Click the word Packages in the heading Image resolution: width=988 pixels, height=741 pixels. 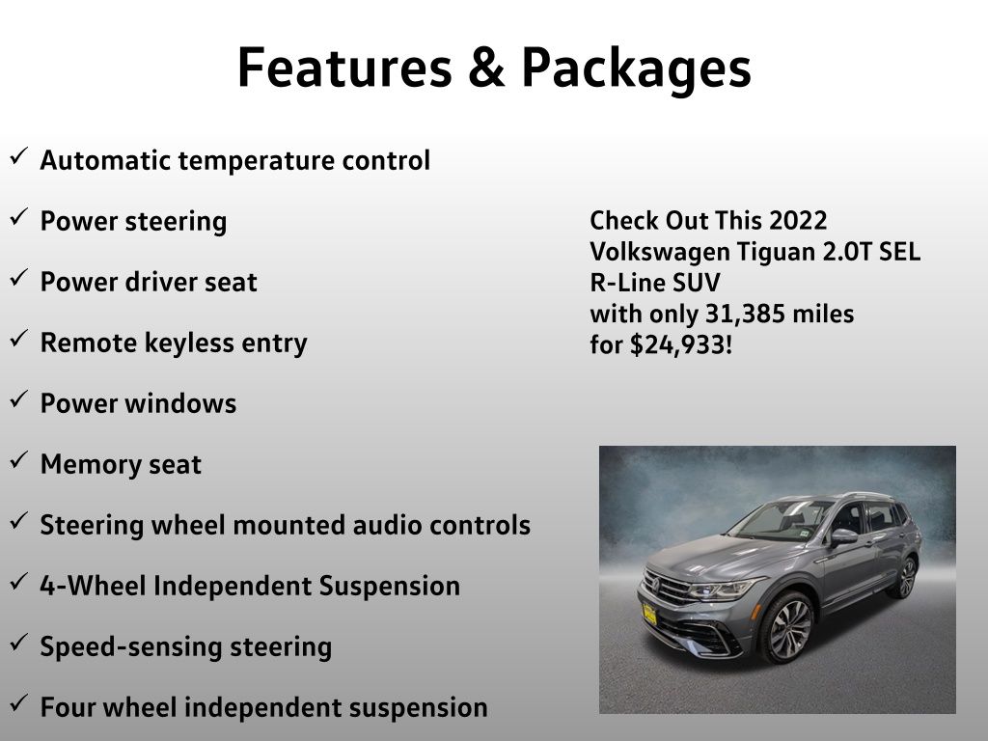637,69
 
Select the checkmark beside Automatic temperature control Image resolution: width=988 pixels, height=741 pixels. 19,156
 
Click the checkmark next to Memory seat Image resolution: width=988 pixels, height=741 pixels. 19,460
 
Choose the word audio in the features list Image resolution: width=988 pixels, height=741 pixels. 387,525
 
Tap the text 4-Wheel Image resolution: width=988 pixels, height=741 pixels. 93,586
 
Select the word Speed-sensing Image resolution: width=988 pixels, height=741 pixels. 131,647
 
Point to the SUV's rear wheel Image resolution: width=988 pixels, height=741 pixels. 906,577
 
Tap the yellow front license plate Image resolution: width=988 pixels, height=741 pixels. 649,615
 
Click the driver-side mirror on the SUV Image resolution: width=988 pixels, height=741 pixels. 843,536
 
